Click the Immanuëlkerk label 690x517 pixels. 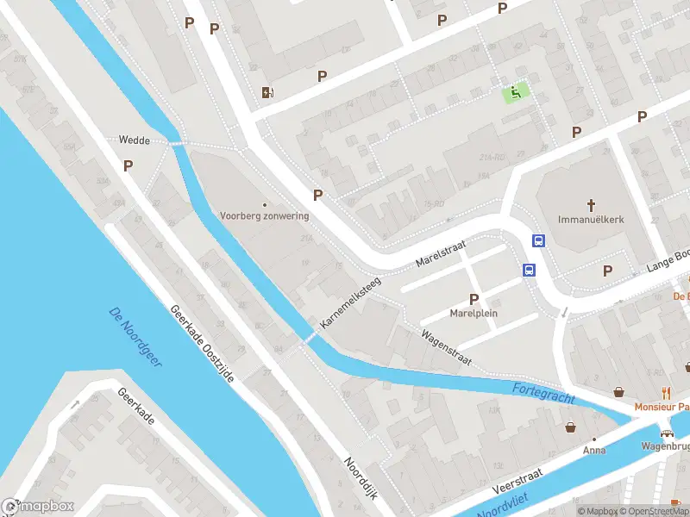591,220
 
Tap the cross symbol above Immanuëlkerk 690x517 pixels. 591,205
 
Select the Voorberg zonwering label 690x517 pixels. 264,215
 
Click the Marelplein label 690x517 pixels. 474,314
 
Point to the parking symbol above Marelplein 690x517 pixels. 474,299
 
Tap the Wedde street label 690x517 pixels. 134,139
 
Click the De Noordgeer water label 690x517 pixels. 135,337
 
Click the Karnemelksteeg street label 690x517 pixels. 350,300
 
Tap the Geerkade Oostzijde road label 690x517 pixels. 202,344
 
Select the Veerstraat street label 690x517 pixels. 517,480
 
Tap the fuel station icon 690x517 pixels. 268,92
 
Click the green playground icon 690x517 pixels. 516,93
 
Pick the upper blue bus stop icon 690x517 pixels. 539,241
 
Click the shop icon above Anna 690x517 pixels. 570,427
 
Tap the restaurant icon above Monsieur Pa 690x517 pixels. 665,392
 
